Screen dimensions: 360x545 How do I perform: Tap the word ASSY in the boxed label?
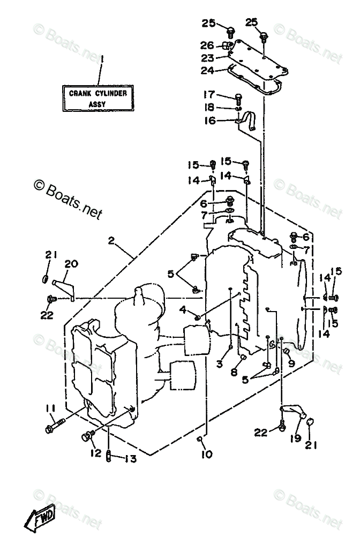pos(97,104)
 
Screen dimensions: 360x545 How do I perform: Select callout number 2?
pos(111,240)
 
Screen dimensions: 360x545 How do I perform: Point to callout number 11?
pos(51,407)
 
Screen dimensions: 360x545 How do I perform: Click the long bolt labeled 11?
pos(55,426)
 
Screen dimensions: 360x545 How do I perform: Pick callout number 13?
pos(130,459)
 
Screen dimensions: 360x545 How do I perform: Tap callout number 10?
pos(207,454)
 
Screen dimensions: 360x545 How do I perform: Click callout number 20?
pos(71,264)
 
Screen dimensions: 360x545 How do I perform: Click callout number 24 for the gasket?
pos(207,70)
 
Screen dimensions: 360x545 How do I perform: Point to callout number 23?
pos(207,58)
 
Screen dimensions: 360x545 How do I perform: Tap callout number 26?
pos(207,45)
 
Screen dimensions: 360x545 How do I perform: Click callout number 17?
pos(209,94)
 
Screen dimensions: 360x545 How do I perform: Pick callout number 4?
pos(183,309)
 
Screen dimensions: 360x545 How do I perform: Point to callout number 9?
pos(291,363)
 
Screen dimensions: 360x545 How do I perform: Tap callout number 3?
pos(219,364)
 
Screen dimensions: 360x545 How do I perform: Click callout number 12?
pos(96,453)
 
